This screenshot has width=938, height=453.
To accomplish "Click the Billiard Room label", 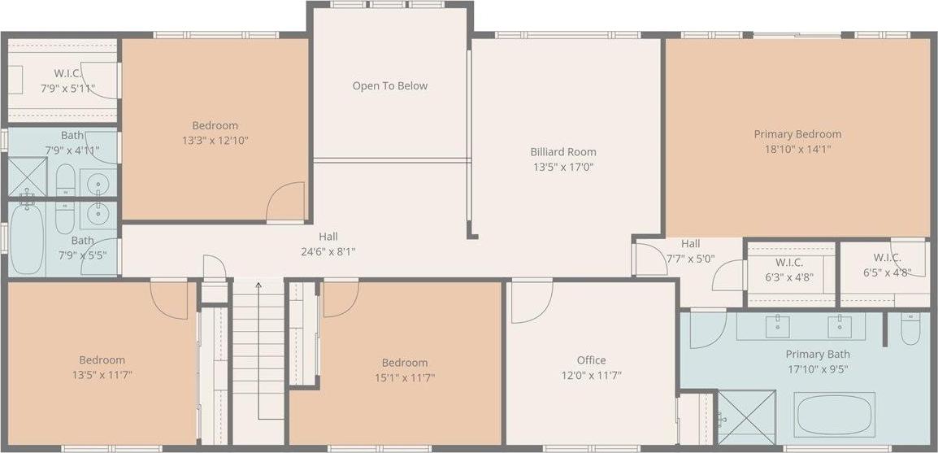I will tap(563, 152).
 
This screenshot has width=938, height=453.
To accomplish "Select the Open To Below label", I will tap(389, 86).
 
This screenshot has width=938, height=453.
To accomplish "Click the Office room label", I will tap(591, 360).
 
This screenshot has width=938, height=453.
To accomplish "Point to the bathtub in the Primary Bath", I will tap(835, 414).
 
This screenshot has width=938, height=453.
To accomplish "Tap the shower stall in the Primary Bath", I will tap(745, 417).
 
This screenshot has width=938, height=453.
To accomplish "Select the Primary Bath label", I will tap(817, 354).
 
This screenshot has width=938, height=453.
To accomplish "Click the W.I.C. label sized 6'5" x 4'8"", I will tap(886, 258).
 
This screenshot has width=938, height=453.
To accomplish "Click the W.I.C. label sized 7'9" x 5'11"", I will tap(67, 73).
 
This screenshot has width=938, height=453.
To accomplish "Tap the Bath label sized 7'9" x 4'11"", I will tap(72, 135).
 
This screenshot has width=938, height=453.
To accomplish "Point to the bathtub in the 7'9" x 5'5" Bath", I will tap(27, 239).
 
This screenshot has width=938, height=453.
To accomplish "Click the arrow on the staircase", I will tap(258, 285).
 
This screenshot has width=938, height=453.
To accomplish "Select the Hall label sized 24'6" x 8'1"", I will tap(328, 237).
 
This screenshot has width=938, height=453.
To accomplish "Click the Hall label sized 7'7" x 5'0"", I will tap(690, 243).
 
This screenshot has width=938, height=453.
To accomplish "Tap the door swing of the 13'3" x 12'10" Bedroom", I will tap(286, 202).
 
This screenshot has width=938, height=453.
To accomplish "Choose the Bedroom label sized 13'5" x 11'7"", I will tap(102, 360).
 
